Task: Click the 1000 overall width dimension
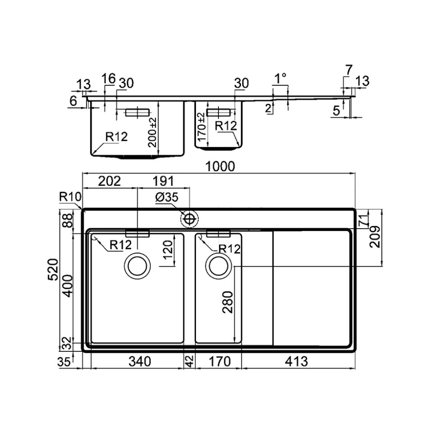220,166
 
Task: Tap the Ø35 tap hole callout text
167,197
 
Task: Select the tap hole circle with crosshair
190,219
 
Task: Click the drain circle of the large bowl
137,266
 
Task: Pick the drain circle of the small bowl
218,266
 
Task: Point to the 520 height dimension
53,269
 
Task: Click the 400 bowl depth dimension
68,286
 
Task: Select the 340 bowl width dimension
140,361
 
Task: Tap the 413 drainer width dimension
296,361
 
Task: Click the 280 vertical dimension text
228,302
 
